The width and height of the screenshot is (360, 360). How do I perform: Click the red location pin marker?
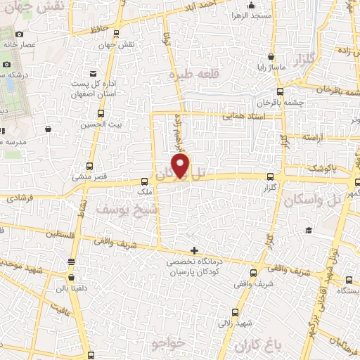click(181, 166)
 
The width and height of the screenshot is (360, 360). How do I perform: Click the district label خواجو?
click(167, 343)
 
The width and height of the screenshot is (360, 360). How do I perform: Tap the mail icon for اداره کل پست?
click(92, 74)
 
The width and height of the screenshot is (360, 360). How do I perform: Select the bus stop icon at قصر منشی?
click(89, 166)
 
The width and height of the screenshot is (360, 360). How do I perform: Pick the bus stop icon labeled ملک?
click(145, 180)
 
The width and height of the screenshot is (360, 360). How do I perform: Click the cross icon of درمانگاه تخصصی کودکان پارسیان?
click(195, 251)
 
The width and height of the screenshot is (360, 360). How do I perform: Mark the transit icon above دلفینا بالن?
click(71, 262)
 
